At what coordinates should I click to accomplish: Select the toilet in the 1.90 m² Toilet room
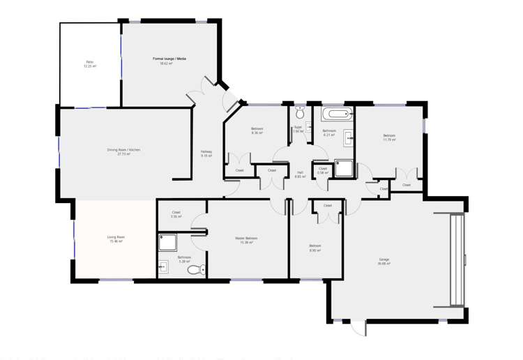tap(300, 113)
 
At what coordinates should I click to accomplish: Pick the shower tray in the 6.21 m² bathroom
tap(343, 168)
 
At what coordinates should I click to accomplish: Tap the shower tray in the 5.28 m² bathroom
tap(167, 242)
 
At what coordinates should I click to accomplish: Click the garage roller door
tap(456, 260)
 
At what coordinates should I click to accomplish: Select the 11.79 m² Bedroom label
tap(388, 137)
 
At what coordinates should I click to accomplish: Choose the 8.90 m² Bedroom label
tap(314, 247)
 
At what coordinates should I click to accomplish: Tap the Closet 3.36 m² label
tap(176, 214)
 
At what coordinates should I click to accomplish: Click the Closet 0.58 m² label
tap(322, 170)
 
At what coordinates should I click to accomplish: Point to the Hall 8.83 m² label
tap(300, 174)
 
